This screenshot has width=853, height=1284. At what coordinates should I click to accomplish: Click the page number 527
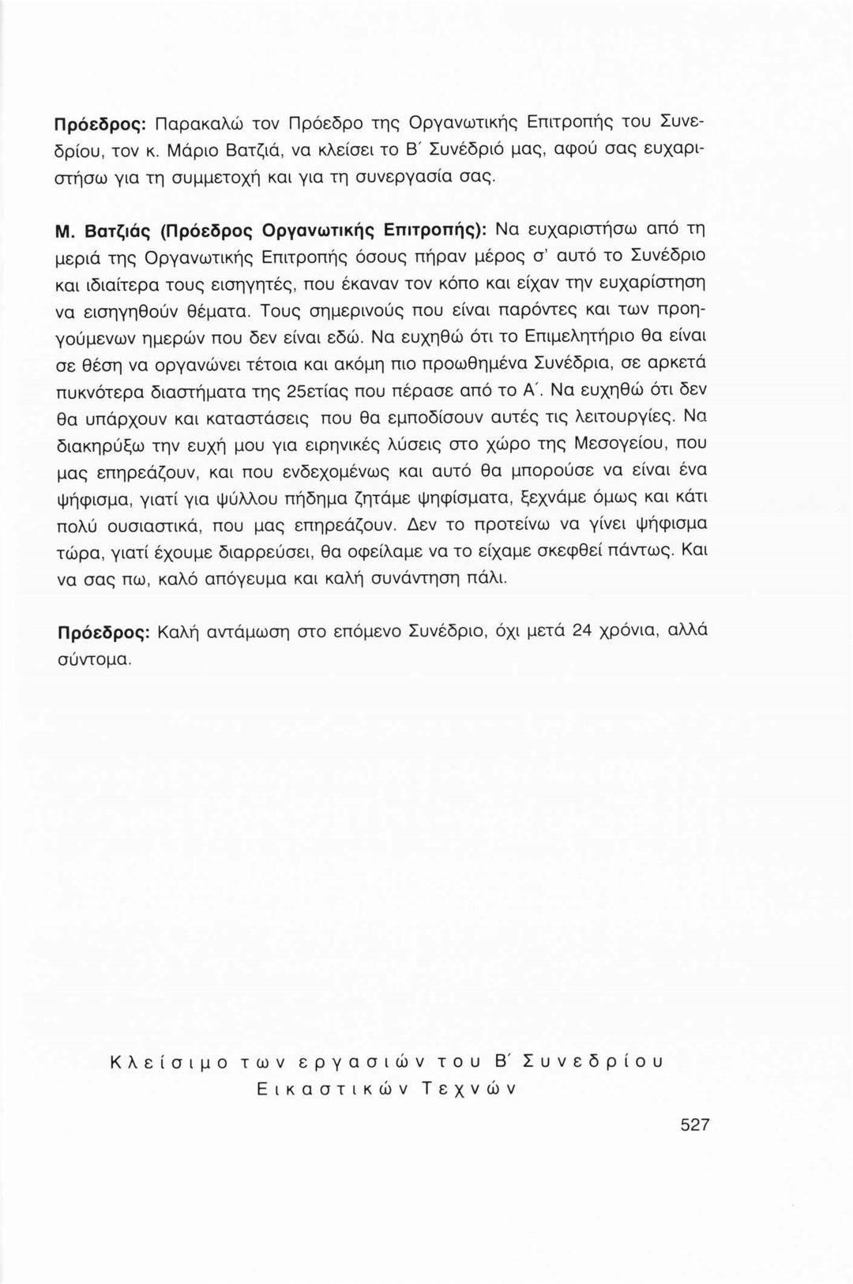(x=695, y=1124)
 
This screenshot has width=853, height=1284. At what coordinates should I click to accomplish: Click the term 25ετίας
(x=287, y=390)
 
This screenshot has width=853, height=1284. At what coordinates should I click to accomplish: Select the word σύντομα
(x=94, y=659)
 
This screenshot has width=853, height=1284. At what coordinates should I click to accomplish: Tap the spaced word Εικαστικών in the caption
(x=327, y=1089)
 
